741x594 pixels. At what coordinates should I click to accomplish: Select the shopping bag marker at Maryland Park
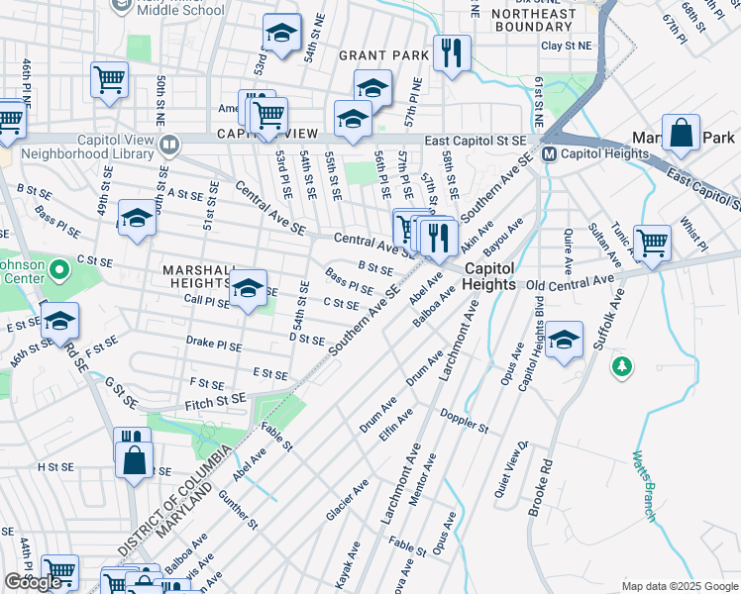(x=682, y=134)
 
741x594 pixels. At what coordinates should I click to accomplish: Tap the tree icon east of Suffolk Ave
(x=622, y=366)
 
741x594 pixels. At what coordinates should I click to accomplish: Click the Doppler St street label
(x=465, y=422)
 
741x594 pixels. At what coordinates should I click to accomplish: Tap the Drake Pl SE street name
(x=214, y=344)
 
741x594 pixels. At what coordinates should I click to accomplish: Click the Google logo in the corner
(x=33, y=582)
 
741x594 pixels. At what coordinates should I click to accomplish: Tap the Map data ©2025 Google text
(x=679, y=586)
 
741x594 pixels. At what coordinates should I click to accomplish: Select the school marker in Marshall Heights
(x=248, y=289)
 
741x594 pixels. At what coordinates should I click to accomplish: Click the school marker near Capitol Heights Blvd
(x=564, y=341)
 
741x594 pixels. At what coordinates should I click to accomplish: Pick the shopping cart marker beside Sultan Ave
(x=652, y=242)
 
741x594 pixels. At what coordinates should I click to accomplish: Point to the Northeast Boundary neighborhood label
(x=533, y=21)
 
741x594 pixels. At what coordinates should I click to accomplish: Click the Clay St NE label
(x=565, y=46)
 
